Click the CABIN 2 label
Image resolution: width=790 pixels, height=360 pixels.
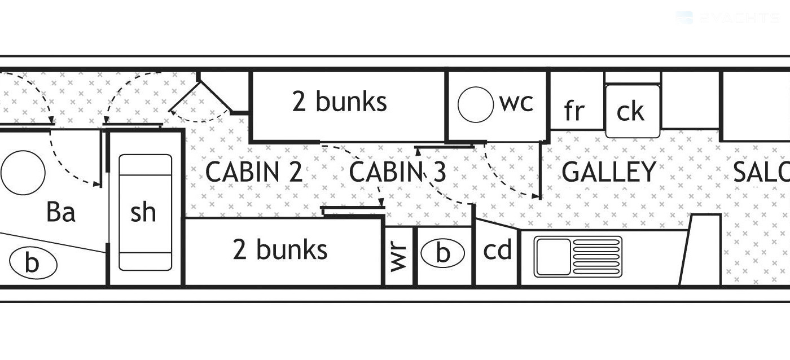(x=254, y=172)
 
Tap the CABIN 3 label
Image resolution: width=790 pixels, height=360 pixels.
(x=398, y=172)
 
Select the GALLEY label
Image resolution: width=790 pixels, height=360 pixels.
(x=609, y=172)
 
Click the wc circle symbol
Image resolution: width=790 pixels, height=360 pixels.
(x=475, y=104)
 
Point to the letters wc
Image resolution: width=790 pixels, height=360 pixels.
(x=516, y=103)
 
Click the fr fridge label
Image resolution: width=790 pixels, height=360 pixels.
(x=574, y=111)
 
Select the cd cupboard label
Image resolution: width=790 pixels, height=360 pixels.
(x=497, y=250)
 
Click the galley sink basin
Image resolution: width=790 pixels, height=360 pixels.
(x=553, y=257)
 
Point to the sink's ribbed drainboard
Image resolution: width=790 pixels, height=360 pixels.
(x=596, y=257)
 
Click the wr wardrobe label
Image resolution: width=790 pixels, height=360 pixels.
(x=399, y=256)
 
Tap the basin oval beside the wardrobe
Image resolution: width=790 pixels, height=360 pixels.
(x=443, y=253)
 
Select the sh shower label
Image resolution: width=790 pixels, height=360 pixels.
(x=143, y=212)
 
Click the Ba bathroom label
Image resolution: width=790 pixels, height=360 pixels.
(x=61, y=213)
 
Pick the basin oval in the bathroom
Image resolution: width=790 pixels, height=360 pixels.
(x=33, y=264)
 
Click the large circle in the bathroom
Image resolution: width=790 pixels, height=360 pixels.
(x=23, y=172)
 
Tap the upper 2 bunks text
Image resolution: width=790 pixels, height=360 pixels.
(x=340, y=102)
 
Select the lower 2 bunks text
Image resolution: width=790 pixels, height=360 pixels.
(x=280, y=250)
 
